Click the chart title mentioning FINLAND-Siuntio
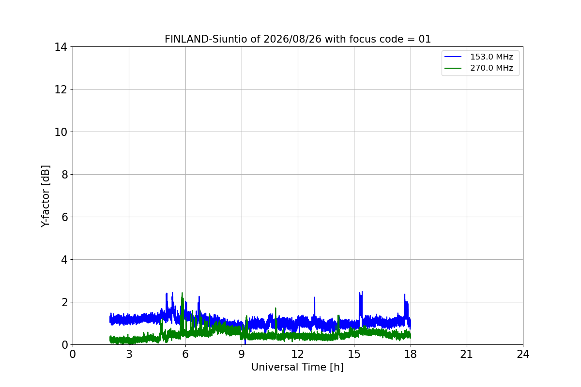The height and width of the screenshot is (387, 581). click(298, 39)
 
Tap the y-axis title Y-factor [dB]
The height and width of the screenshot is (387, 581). click(46, 196)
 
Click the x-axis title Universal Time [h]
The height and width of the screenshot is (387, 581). click(297, 367)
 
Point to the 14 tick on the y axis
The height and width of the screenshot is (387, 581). click(61, 47)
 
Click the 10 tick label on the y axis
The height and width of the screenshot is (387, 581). click(61, 132)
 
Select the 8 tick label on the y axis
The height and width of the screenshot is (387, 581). click(64, 175)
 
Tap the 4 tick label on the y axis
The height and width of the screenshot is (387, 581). click(64, 260)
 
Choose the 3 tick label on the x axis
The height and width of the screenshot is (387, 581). click(129, 354)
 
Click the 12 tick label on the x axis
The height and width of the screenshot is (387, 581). click(298, 354)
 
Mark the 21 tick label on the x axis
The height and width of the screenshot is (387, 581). click(467, 354)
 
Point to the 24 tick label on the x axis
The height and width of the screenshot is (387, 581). click(523, 354)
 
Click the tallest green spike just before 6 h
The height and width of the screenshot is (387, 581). click(182, 311)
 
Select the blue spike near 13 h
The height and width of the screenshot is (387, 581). click(314, 307)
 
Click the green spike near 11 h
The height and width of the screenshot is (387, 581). click(275, 321)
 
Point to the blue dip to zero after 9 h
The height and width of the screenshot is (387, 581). click(245, 340)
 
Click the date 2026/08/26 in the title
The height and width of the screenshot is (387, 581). click(292, 39)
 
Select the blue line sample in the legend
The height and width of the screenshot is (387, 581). click(453, 57)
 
